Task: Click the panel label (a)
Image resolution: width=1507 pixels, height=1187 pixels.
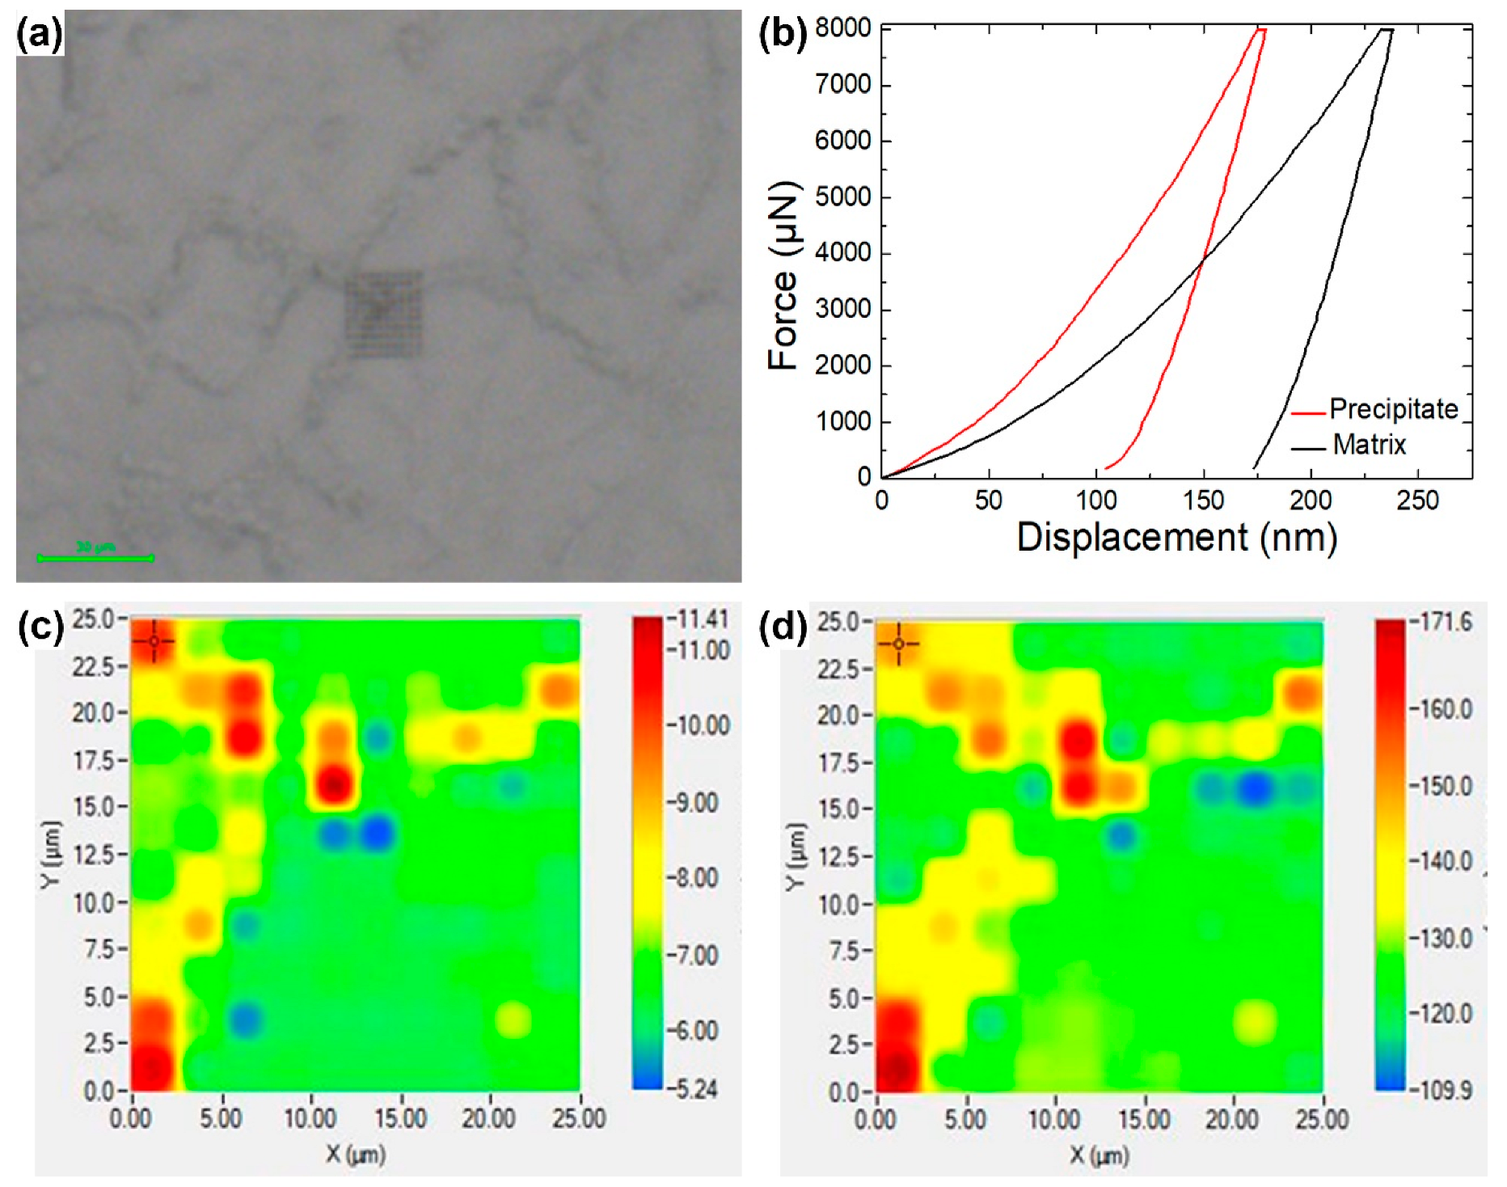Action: pos(38,35)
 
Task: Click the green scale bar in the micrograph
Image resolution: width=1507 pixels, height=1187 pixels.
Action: pos(95,557)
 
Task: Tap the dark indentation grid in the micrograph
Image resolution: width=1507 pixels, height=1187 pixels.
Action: pos(383,314)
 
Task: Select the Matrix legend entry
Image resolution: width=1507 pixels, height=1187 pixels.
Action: pos(1368,445)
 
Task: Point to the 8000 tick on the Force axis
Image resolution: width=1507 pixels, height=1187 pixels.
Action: pos(842,29)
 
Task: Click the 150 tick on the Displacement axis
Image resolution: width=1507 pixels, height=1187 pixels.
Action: pos(1203,501)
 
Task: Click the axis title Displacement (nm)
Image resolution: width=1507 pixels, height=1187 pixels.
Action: pos(1176,538)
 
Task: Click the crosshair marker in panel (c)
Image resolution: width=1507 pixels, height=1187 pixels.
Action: pos(154,641)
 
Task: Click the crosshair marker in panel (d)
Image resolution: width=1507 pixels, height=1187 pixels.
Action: pos(898,644)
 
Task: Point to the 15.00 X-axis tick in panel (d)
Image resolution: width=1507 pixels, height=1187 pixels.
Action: pos(1143,1120)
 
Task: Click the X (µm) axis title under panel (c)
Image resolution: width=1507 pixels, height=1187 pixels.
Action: pos(355,1155)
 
